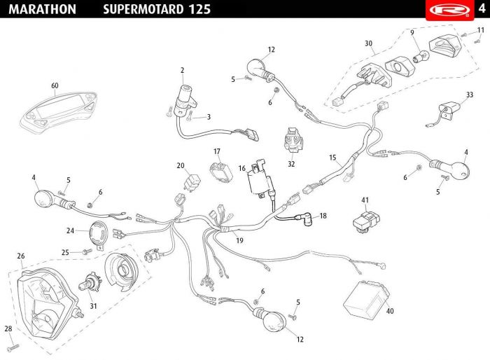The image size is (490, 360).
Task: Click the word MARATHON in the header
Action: point(43,9)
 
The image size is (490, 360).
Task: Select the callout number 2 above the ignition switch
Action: point(182,70)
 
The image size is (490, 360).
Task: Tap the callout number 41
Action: point(365,201)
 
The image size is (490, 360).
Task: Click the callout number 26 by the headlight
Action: point(21,256)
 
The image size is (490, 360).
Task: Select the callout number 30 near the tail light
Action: point(368,43)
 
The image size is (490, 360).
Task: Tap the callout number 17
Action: point(217,151)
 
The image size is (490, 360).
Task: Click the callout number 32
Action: point(291,164)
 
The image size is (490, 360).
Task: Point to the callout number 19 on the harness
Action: point(239,240)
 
